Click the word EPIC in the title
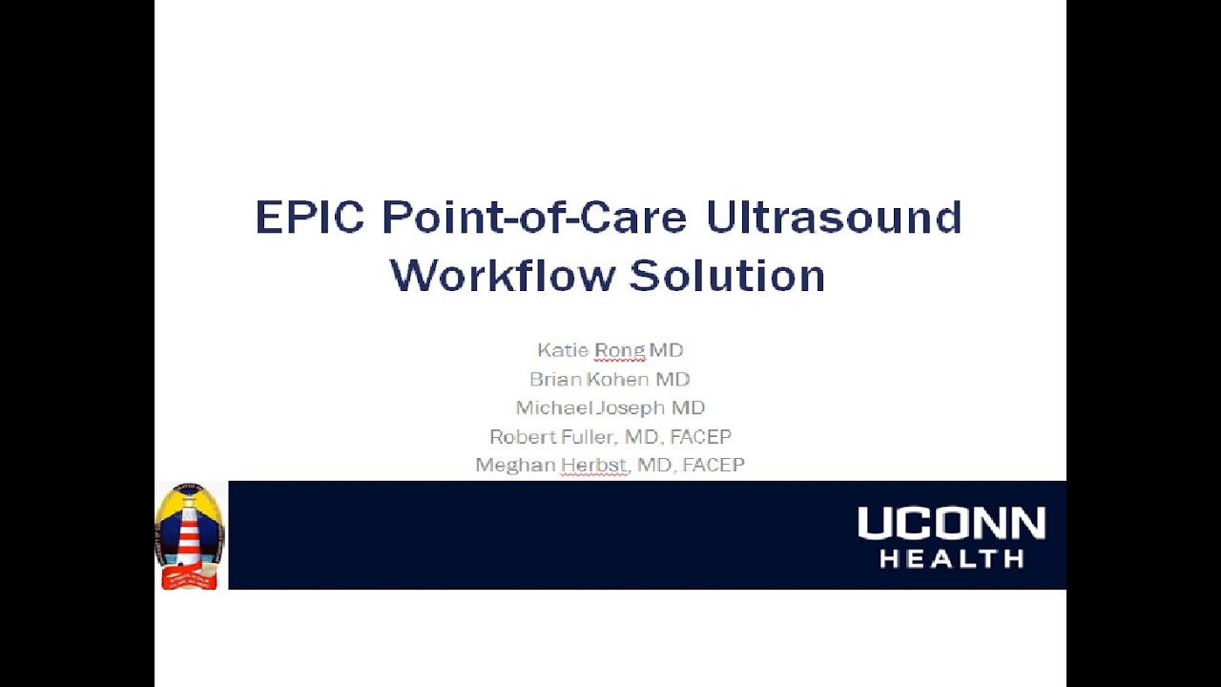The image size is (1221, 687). (x=309, y=218)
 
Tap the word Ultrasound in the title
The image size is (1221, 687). (x=834, y=218)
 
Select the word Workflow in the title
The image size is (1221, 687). (x=502, y=276)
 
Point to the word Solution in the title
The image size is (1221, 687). (x=727, y=276)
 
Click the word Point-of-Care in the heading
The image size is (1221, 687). (x=534, y=218)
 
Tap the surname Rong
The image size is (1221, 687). (x=619, y=351)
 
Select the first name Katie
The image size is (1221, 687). (x=563, y=351)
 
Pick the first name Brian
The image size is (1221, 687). (x=557, y=380)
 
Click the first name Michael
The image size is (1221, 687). (x=553, y=408)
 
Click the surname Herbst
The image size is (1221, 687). (x=593, y=466)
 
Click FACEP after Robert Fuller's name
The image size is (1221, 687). (x=700, y=437)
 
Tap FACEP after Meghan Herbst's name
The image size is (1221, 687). (x=714, y=466)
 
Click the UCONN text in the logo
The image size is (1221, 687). (x=951, y=525)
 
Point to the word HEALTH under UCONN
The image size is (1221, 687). (x=951, y=558)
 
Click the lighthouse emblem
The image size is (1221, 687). (x=190, y=535)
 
